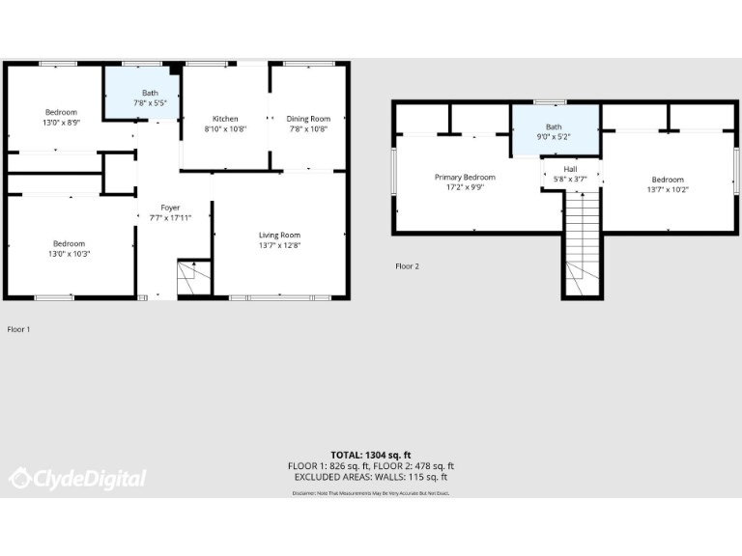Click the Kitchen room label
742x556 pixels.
(225, 119)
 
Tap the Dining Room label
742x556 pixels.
(308, 119)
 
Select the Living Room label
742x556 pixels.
(279, 235)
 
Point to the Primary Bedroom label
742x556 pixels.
(465, 178)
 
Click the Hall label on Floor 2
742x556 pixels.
(570, 168)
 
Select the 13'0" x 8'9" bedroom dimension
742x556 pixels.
(61, 123)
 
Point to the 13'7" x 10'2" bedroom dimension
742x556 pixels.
(667, 190)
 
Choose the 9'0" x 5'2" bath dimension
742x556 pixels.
(554, 137)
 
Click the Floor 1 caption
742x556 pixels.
(19, 329)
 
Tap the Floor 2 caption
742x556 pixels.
(407, 265)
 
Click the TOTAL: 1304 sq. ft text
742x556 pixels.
(371, 455)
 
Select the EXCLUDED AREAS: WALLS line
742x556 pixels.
(371, 477)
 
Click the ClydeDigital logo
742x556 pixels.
(77, 478)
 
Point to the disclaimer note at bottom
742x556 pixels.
(371, 493)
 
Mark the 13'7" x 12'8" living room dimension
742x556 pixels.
(279, 245)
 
